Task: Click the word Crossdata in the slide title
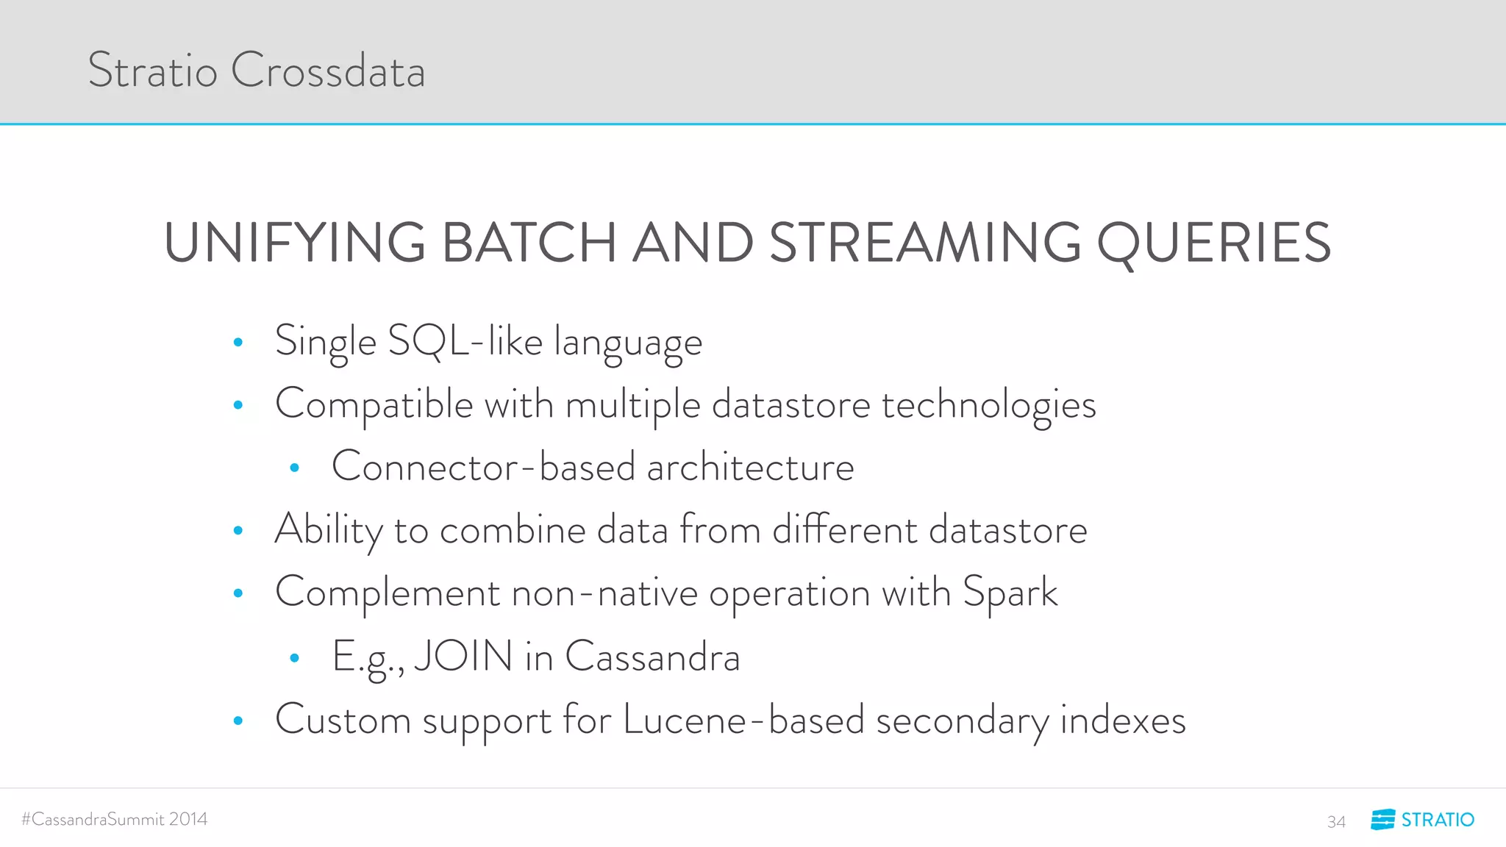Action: (x=328, y=71)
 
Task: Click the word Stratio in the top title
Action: (x=152, y=71)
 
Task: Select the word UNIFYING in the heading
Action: (x=295, y=243)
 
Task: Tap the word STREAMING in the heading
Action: (x=925, y=243)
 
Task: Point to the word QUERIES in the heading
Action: (x=1213, y=243)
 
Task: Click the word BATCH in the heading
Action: (x=529, y=243)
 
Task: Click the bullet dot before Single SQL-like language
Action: (x=238, y=342)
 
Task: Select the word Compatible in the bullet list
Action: (x=374, y=404)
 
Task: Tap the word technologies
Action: (x=988, y=404)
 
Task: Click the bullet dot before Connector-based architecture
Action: (x=294, y=468)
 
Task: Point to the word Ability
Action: (x=329, y=529)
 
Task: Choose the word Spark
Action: (x=1010, y=593)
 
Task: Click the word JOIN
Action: (x=463, y=656)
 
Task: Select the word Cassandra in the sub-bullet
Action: (x=652, y=656)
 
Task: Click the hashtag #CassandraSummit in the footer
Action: (x=92, y=819)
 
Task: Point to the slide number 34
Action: (x=1336, y=821)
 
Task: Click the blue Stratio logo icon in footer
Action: (x=1382, y=819)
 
